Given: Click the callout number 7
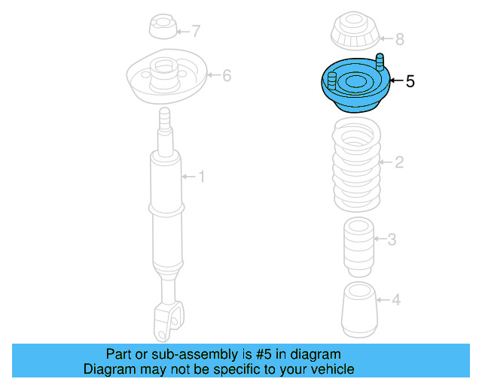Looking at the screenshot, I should (196, 32).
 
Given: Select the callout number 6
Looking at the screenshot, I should (226, 74).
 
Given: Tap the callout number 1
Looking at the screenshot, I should (201, 177).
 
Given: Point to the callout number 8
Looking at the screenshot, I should (400, 38).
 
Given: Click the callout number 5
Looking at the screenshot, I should (410, 81).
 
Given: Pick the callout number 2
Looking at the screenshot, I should (400, 162).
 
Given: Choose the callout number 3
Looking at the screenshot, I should (392, 240).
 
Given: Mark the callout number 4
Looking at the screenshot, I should (396, 300).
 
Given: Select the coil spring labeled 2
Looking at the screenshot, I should (356, 165).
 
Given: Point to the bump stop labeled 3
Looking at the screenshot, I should (358, 244).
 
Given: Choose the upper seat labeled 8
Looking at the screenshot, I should (353, 33).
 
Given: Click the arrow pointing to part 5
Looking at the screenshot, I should (396, 81).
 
